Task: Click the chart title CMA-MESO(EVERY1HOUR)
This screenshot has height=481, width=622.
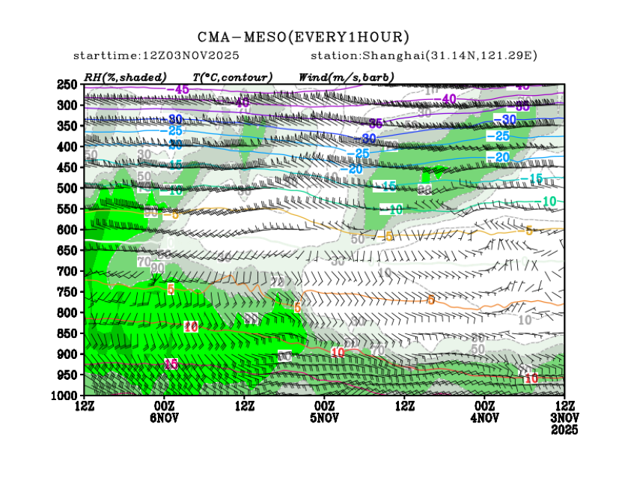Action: (303, 37)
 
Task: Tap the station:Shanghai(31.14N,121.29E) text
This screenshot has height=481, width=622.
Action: (424, 56)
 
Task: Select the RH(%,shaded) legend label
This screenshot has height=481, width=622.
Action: (125, 77)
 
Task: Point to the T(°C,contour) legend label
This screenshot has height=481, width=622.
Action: (232, 77)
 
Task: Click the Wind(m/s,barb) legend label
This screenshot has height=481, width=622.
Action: (346, 77)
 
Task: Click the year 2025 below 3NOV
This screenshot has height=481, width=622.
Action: (564, 431)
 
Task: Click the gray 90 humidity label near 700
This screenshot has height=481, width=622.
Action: (157, 268)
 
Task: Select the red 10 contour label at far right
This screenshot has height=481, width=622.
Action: (531, 379)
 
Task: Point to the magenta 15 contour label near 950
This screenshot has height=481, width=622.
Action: (171, 363)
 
